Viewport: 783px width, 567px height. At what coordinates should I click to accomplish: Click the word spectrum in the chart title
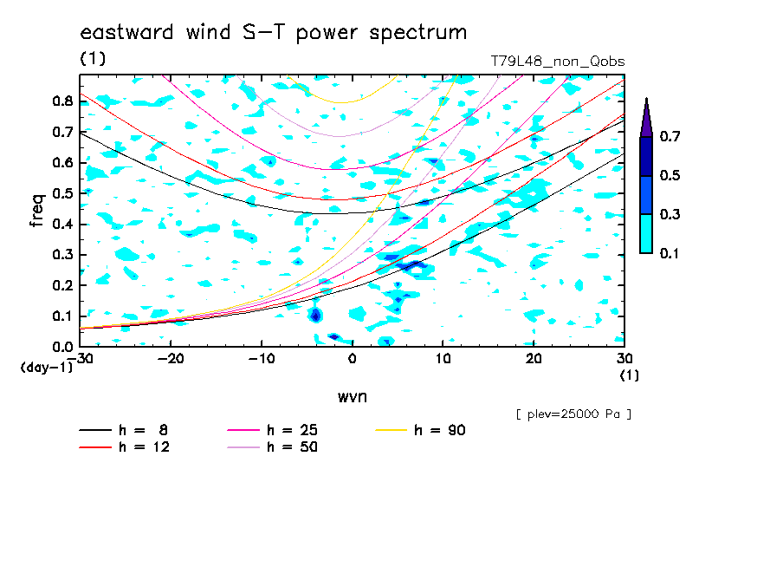pyautogui.click(x=418, y=33)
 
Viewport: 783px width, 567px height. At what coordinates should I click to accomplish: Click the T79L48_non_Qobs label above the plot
pyautogui.click(x=557, y=62)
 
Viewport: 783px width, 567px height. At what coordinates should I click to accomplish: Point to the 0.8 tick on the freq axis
pyautogui.click(x=63, y=101)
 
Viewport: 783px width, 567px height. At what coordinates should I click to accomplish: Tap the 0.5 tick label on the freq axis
pyautogui.click(x=63, y=193)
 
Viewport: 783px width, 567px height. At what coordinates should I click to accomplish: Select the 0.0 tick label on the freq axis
pyautogui.click(x=63, y=347)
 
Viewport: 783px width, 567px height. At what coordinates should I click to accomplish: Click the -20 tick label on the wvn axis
pyautogui.click(x=171, y=359)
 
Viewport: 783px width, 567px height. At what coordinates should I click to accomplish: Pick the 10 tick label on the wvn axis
pyautogui.click(x=443, y=359)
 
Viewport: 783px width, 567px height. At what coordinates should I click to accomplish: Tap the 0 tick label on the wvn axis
pyautogui.click(x=353, y=359)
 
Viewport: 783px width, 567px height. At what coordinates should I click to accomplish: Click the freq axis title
pyautogui.click(x=36, y=210)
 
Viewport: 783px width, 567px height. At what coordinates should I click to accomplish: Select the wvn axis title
pyautogui.click(x=353, y=397)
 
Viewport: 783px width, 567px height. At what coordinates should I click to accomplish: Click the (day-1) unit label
pyautogui.click(x=46, y=368)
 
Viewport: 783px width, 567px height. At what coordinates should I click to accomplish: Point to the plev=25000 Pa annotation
pyautogui.click(x=573, y=414)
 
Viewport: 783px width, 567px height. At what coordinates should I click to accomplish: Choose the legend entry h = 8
pyautogui.click(x=123, y=430)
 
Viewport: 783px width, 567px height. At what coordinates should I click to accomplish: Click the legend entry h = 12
pyautogui.click(x=125, y=446)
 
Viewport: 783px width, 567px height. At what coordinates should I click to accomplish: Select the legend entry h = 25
pyautogui.click(x=272, y=430)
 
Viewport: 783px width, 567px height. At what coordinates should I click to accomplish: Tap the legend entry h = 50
pyautogui.click(x=272, y=446)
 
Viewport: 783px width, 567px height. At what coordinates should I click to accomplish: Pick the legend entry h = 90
pyautogui.click(x=420, y=430)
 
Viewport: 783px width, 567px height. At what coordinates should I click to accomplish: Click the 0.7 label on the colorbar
pyautogui.click(x=670, y=136)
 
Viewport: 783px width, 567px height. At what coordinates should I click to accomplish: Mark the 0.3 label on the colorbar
pyautogui.click(x=670, y=214)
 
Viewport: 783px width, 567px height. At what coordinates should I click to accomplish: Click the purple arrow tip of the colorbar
pyautogui.click(x=647, y=98)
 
